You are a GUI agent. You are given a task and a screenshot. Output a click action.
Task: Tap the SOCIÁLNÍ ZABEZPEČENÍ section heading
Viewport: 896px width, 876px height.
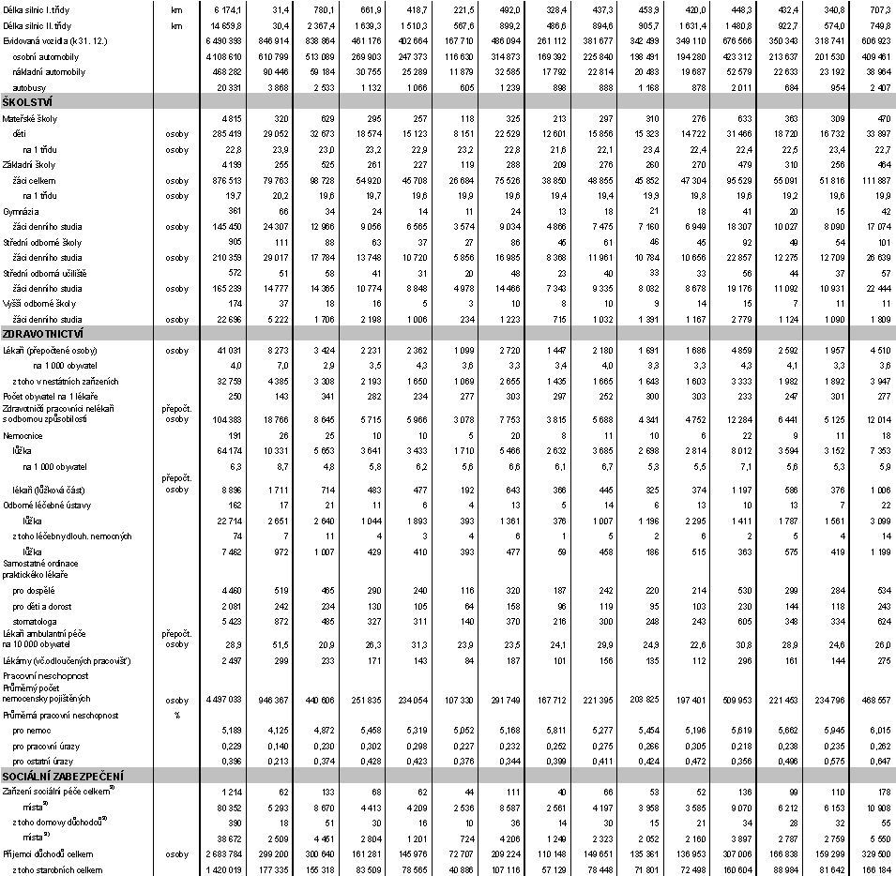[64, 776]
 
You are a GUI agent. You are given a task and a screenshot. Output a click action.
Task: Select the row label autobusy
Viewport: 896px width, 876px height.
[30, 86]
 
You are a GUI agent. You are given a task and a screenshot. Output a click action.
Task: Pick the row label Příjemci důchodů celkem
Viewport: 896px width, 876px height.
[42, 855]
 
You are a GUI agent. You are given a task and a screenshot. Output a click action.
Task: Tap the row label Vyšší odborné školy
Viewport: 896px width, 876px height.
[33, 303]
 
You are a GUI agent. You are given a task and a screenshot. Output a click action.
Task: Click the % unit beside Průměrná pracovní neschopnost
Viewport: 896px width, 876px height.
[175, 714]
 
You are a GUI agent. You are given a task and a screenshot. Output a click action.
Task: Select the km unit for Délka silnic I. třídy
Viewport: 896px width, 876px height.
[176, 8]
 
